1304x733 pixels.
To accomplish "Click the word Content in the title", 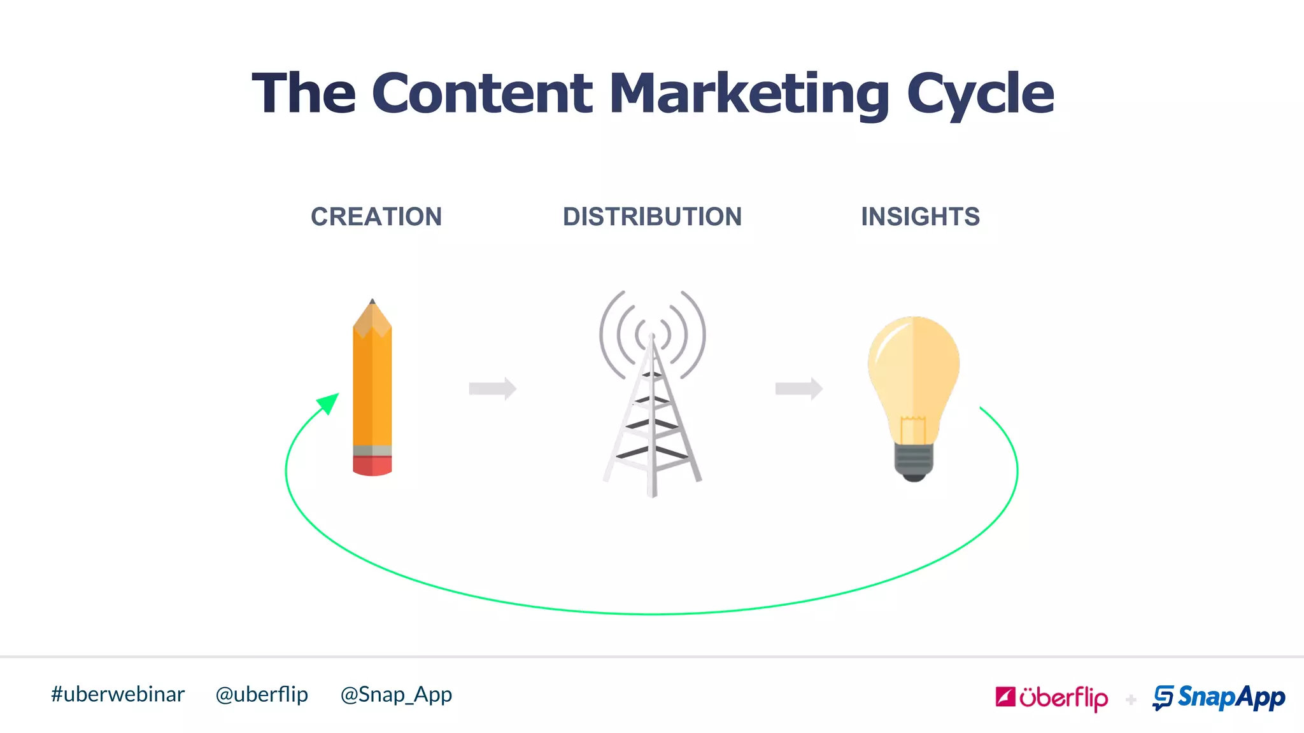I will click(482, 94).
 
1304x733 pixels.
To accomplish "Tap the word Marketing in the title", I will click(749, 94).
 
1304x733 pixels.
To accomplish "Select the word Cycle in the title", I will click(980, 94).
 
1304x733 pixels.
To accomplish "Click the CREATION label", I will click(376, 217).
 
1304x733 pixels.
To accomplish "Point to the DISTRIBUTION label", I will click(652, 217).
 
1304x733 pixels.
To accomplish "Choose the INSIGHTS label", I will click(920, 217).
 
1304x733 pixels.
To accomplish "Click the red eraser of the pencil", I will click(372, 466).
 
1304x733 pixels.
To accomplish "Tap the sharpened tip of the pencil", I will click(372, 303).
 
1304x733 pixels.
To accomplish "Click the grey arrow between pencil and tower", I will click(492, 388).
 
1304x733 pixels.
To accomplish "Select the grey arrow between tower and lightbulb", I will click(798, 388).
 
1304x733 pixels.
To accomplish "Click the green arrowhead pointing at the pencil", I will click(329, 403).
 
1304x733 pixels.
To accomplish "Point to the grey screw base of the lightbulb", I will click(914, 460).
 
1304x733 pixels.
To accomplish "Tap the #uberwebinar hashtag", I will click(118, 694).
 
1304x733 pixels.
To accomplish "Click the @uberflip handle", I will click(262, 694).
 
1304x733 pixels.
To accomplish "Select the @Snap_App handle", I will click(396, 694).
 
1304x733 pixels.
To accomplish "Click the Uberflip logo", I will click(1051, 697).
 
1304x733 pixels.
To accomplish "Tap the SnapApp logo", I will click(1219, 697).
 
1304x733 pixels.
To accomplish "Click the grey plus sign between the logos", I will click(1131, 700).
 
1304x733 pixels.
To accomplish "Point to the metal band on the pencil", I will click(372, 450).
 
